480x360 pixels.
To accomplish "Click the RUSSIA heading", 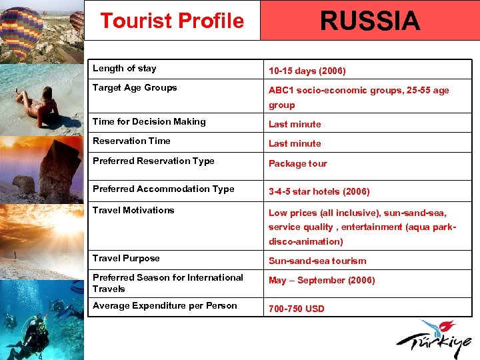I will (370, 21).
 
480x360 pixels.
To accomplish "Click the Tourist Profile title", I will (172, 21).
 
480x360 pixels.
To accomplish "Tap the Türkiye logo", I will (437, 339).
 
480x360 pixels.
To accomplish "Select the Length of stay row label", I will (125, 68).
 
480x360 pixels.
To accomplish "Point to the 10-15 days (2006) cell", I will (307, 71).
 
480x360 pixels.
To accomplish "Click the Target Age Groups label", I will (135, 87).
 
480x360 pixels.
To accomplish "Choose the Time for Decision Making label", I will (149, 121).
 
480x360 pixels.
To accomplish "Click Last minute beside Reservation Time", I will (295, 143).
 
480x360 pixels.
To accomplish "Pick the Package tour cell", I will (298, 163).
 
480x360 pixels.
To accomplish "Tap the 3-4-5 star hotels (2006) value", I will (319, 191).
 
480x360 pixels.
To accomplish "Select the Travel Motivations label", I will (133, 210).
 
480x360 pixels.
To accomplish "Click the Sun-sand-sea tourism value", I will (317, 261).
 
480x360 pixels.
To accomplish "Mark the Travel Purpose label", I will (126, 258).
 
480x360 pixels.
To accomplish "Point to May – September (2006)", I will (322, 280).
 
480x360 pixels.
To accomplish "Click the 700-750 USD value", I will (297, 309).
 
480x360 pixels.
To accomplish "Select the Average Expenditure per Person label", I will (165, 305).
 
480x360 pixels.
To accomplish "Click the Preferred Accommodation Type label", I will (163, 189).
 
